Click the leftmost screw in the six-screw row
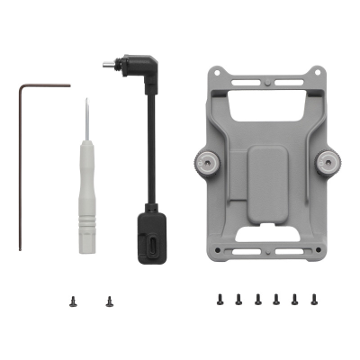(x=220, y=298)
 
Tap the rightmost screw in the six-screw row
(x=314, y=298)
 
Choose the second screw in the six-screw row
(x=238, y=298)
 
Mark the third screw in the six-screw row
(x=257, y=298)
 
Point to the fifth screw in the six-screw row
(x=295, y=298)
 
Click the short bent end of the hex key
(x=45, y=86)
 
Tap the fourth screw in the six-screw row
(x=276, y=298)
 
